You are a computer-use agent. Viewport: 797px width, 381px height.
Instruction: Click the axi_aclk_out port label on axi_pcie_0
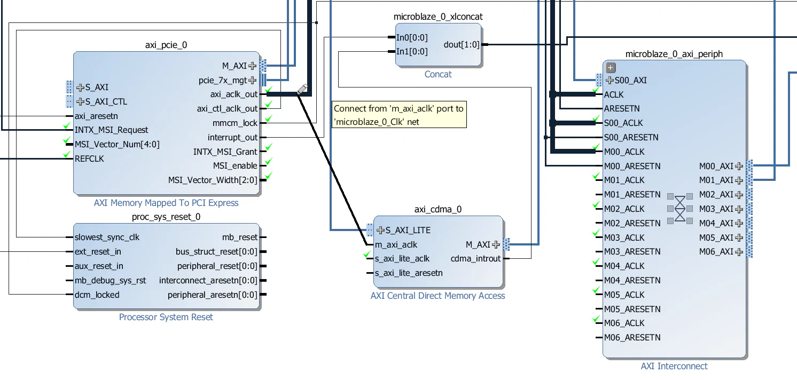click(x=234, y=94)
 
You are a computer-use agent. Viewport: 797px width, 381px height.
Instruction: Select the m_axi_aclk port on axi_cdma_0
click(x=396, y=244)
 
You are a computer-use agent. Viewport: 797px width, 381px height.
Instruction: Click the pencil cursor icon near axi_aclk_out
click(x=302, y=89)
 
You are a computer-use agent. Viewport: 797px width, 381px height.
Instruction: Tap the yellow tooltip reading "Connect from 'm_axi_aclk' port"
click(x=398, y=115)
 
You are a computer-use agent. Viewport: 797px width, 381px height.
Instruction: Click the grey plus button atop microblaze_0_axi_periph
click(x=611, y=68)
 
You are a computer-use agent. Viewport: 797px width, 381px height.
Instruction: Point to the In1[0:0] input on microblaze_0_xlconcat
click(x=412, y=52)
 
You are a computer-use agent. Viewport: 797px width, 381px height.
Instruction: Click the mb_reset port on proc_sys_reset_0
click(x=240, y=237)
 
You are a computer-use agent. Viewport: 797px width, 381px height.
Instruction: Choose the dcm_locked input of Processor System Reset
click(x=97, y=295)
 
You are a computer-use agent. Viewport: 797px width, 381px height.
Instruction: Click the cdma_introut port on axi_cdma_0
click(x=475, y=259)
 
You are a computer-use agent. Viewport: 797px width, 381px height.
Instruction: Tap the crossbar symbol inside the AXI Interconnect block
click(x=679, y=208)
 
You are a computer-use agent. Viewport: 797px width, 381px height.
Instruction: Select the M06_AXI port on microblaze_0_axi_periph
click(x=716, y=252)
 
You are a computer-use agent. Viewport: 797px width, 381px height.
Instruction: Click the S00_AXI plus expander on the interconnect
click(x=610, y=81)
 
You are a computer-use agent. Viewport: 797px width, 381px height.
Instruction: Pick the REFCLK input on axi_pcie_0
click(x=89, y=158)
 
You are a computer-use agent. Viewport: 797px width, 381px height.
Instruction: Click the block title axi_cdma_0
click(x=437, y=209)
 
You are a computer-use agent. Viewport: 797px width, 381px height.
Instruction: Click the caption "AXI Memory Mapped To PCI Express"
click(x=166, y=203)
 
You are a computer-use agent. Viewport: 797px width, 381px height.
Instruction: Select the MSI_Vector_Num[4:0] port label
click(x=117, y=144)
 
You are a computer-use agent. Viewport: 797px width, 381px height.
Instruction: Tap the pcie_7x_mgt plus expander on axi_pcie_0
click(x=252, y=81)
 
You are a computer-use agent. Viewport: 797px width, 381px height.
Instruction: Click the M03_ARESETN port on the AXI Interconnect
click(x=632, y=251)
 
